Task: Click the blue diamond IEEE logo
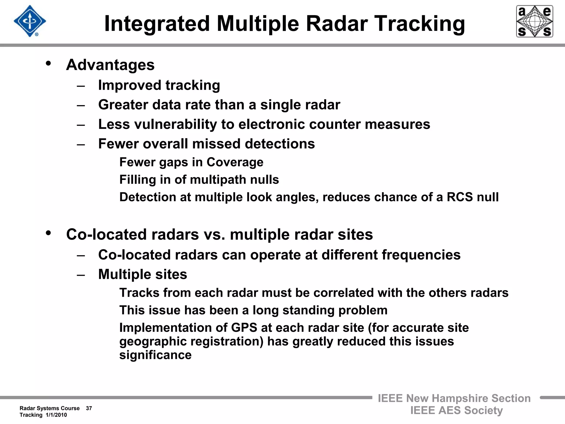30,21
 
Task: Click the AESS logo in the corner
534,21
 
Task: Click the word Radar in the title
337,24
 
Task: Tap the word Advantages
110,65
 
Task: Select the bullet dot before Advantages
49,63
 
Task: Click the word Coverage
235,162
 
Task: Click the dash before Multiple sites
81,275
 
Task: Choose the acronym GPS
244,328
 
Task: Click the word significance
155,355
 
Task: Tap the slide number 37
89,408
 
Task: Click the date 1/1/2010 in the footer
56,415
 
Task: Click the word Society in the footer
483,410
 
